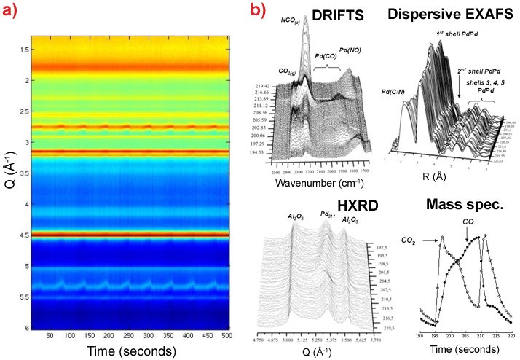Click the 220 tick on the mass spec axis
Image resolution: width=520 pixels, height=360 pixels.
coord(511,336)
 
